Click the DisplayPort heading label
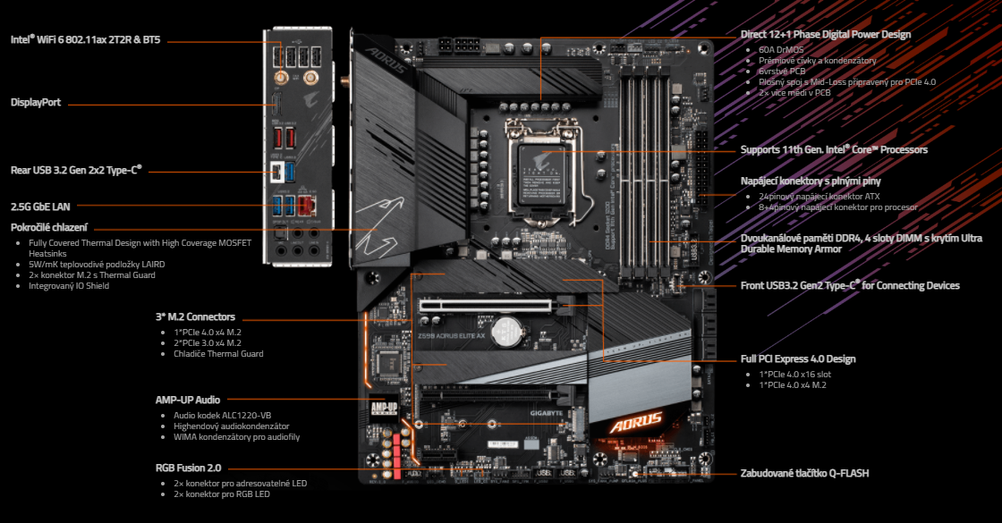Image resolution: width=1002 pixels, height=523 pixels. (36, 103)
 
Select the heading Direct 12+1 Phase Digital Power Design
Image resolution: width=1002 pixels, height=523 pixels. (826, 35)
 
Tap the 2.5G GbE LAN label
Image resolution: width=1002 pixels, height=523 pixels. (40, 207)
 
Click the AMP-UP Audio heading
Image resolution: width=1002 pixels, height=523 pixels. (188, 400)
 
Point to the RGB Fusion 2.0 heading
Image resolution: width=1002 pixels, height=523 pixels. (189, 467)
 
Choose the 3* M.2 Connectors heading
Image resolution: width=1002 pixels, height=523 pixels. (195, 316)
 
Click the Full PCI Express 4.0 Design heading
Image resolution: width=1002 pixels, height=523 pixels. (798, 359)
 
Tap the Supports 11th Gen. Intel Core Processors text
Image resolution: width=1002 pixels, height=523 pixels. (834, 149)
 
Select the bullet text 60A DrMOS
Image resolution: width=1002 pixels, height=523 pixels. (782, 49)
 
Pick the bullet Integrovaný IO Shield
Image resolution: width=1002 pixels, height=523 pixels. (69, 286)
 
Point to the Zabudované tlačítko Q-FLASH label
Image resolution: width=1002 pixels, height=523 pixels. (804, 473)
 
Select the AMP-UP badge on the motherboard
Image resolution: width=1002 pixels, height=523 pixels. (384, 409)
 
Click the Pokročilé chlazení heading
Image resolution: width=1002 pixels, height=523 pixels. (49, 227)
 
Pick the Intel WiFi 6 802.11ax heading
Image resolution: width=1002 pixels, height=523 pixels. (86, 40)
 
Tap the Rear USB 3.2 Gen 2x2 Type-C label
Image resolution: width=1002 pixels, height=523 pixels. (76, 169)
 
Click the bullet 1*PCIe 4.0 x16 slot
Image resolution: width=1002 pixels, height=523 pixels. (795, 375)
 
